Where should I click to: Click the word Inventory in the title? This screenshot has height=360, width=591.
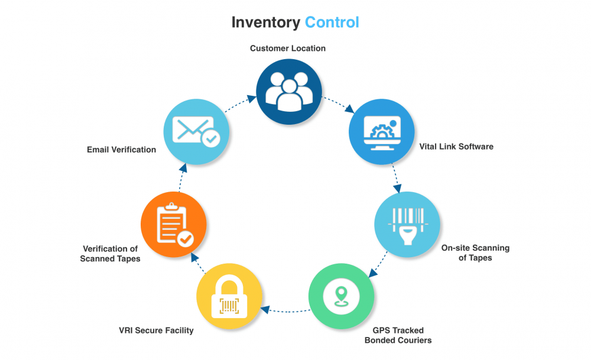pos(265,22)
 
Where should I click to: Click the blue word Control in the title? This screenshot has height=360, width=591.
pos(332,22)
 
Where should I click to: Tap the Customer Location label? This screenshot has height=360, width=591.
pos(288,48)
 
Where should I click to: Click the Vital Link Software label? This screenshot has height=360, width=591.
pos(456,146)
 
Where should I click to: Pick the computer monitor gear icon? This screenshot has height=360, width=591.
pos(382,131)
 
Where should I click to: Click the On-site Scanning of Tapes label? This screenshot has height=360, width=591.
pos(475,252)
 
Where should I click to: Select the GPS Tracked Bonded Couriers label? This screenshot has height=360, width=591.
pos(398,335)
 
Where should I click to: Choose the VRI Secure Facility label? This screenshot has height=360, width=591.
pos(156,330)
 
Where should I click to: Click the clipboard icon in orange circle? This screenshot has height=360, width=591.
pos(172,224)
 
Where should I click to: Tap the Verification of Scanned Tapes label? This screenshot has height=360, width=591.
pos(110,254)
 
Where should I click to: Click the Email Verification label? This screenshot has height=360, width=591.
pos(121,150)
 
